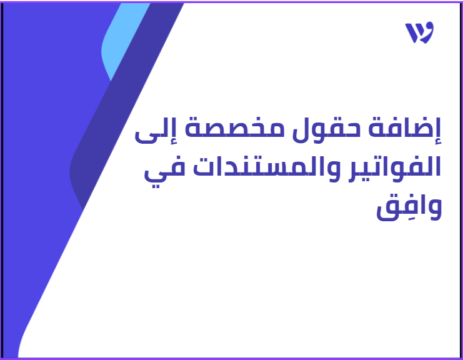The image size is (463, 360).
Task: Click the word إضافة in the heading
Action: (405, 129)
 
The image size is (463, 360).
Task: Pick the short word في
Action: (164, 171)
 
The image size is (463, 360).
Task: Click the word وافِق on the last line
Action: (409, 207)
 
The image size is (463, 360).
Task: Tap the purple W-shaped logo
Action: (419, 32)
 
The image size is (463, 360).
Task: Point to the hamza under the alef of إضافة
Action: (438, 141)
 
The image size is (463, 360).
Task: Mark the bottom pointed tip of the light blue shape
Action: (111, 81)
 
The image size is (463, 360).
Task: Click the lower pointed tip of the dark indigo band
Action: (83, 210)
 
